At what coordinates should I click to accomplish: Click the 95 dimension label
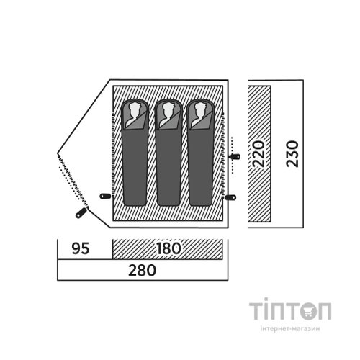81,248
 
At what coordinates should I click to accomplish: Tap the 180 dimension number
168,248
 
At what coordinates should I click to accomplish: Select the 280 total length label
142,271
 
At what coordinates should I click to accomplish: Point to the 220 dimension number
259,154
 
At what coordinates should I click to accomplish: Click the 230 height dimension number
292,154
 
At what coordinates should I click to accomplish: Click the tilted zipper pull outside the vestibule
81,213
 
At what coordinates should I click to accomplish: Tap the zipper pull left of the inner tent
105,196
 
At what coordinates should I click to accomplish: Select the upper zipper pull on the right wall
235,157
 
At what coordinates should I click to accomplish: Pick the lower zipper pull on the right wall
231,197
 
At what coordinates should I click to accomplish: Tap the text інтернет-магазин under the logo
290,328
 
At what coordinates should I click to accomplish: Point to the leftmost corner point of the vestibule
58,153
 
